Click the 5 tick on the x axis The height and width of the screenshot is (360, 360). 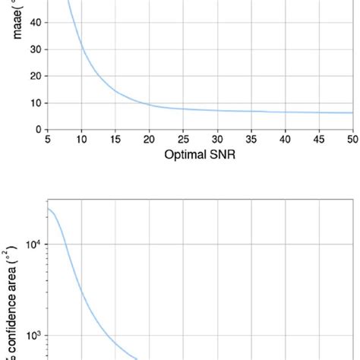click(x=48, y=140)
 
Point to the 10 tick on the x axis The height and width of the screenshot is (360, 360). click(x=81, y=140)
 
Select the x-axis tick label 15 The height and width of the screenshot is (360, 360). click(x=115, y=140)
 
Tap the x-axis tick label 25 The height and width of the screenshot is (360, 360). click(x=183, y=140)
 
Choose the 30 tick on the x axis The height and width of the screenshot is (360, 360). click(x=217, y=140)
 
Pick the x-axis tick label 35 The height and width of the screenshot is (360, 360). click(x=251, y=140)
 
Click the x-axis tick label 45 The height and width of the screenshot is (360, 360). click(x=319, y=140)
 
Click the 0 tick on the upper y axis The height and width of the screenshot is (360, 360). click(x=37, y=129)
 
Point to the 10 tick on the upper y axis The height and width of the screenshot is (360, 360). click(x=35, y=103)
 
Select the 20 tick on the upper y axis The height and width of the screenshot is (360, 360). click(x=35, y=76)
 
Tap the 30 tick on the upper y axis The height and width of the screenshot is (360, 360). click(x=35, y=49)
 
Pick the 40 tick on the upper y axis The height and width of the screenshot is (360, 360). click(x=35, y=23)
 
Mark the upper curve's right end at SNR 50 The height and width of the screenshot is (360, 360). click(x=352, y=112)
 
